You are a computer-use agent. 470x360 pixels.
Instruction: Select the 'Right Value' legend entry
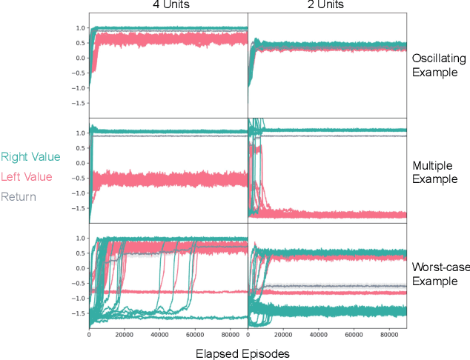(x=31, y=157)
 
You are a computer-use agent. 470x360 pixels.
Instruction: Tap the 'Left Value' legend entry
(x=27, y=176)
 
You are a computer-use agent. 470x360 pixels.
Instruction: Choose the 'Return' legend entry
(x=18, y=196)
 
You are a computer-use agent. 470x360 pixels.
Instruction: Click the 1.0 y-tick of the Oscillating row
(x=80, y=28)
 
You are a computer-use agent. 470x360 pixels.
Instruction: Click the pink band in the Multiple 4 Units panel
(x=171, y=179)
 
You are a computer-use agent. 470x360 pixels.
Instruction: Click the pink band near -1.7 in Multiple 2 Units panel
(x=341, y=214)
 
